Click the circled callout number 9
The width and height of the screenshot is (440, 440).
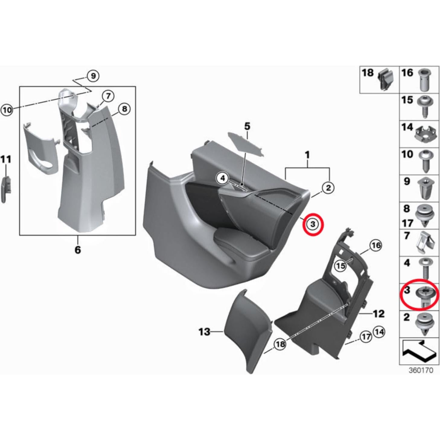[x=93, y=76]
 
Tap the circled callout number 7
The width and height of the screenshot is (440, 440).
[x=108, y=96]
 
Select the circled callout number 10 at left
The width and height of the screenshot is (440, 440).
[x=7, y=110]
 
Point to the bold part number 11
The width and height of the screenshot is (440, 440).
[x=6, y=159]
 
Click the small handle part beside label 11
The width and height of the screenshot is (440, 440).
[x=6, y=189]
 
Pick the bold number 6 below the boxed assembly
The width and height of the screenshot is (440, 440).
[x=78, y=250]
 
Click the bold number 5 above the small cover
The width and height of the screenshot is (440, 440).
[x=247, y=126]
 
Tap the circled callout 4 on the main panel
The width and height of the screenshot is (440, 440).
[x=223, y=178]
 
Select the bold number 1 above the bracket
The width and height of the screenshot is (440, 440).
[x=307, y=155]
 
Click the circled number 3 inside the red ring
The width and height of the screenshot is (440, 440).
[x=313, y=224]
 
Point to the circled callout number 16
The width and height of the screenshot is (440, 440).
[x=376, y=246]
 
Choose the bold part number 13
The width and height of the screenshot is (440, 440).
[x=204, y=332]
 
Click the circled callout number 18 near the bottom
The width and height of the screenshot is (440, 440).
[x=280, y=344]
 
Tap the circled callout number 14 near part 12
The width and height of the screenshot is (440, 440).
[x=379, y=332]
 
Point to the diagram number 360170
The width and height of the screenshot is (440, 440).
[x=421, y=370]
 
